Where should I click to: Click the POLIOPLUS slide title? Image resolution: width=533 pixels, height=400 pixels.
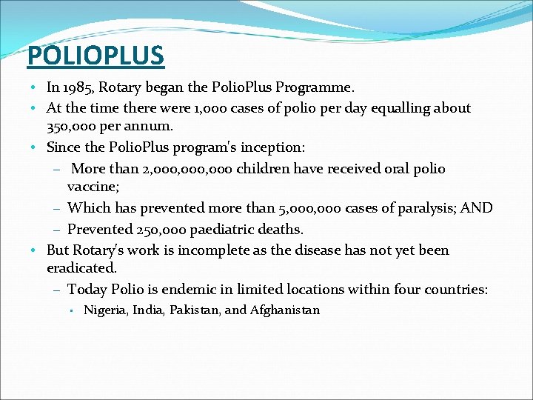[95, 54]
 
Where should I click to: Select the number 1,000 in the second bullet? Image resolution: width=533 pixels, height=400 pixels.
[210, 108]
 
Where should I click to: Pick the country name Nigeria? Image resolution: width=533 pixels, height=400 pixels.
[106, 310]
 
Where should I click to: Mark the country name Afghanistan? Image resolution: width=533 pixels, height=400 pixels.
[285, 310]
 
